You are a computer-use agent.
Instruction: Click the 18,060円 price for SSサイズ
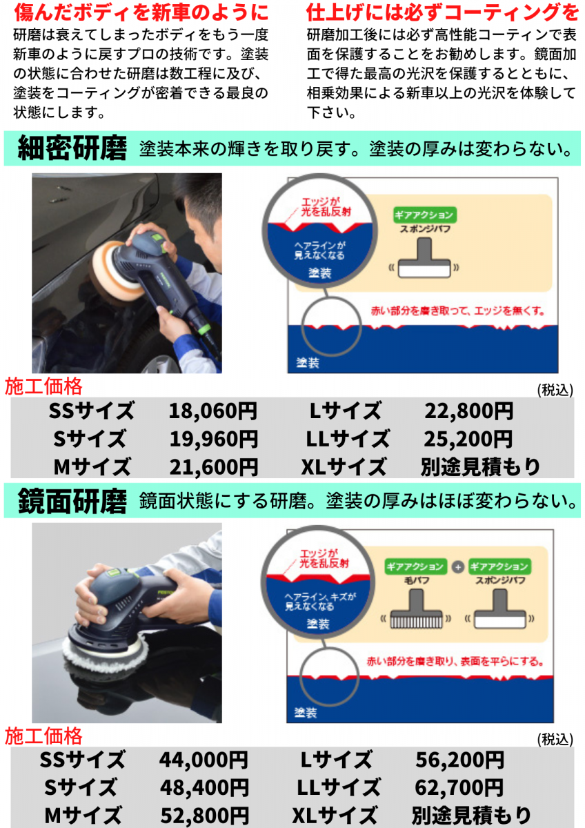point(213,411)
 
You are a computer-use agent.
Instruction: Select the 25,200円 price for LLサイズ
point(468,439)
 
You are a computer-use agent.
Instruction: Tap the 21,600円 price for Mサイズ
point(214,467)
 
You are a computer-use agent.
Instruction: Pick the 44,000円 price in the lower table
point(204,760)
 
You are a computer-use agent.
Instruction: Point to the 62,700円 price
point(459,788)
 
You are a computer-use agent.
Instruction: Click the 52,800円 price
point(204,815)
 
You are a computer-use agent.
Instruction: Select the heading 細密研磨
point(72,148)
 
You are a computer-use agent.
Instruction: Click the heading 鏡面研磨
point(72,501)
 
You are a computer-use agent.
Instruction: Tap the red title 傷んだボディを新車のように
point(141,12)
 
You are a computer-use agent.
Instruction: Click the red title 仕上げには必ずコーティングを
point(443,12)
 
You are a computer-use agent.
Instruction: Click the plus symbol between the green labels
point(457,567)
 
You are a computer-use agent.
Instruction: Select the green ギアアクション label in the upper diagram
point(425,215)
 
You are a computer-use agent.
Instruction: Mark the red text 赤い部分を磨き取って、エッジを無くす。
point(458,311)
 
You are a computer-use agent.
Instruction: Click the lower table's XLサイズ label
point(335,815)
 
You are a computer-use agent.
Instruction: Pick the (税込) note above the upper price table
point(555,390)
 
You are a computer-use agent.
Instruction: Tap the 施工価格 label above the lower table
point(43,736)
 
